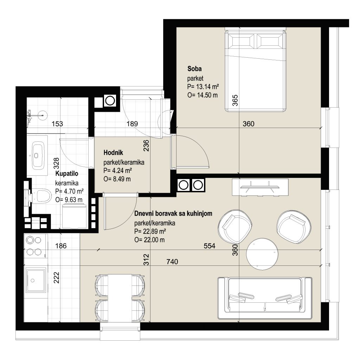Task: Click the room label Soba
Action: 194,69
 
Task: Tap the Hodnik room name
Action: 113,153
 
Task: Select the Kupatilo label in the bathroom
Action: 67,174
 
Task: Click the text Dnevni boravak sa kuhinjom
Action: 173,213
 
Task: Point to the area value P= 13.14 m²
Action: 203,87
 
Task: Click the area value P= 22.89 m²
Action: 150,231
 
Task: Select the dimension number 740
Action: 172,262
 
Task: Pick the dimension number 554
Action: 210,246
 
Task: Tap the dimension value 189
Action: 132,124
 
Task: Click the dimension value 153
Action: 57,124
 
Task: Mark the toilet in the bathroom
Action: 39,196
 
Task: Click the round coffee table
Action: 262,254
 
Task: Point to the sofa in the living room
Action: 265,298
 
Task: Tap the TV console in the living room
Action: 260,187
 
